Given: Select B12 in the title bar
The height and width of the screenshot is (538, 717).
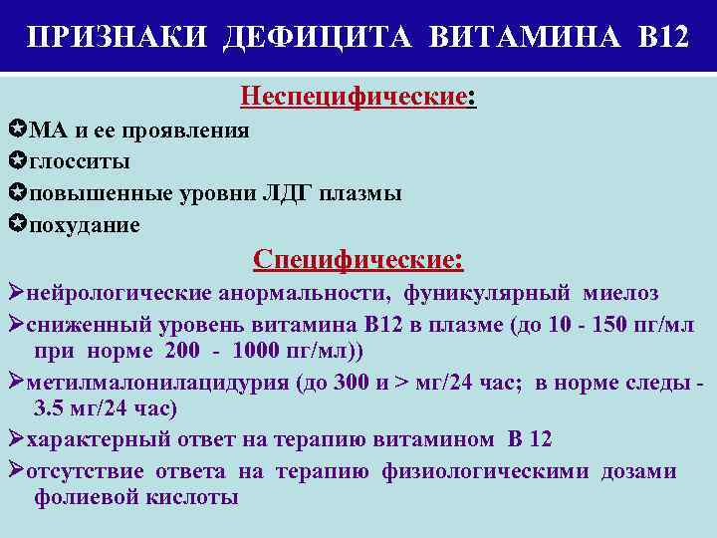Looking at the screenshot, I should [x=659, y=38].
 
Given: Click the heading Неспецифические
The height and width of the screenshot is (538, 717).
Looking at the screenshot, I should [x=354, y=97].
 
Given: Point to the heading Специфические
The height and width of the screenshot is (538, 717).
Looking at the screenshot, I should [x=358, y=260].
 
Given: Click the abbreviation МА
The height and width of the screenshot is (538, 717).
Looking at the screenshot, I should [x=47, y=131].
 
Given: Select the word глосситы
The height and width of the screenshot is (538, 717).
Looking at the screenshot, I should [x=80, y=161].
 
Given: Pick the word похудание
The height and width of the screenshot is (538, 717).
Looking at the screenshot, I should [x=85, y=225].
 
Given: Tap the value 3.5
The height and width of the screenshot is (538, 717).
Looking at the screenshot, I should [x=50, y=408].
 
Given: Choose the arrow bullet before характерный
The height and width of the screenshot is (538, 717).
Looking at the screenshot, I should [x=14, y=439].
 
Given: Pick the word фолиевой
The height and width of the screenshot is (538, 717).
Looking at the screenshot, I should [x=85, y=497].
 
